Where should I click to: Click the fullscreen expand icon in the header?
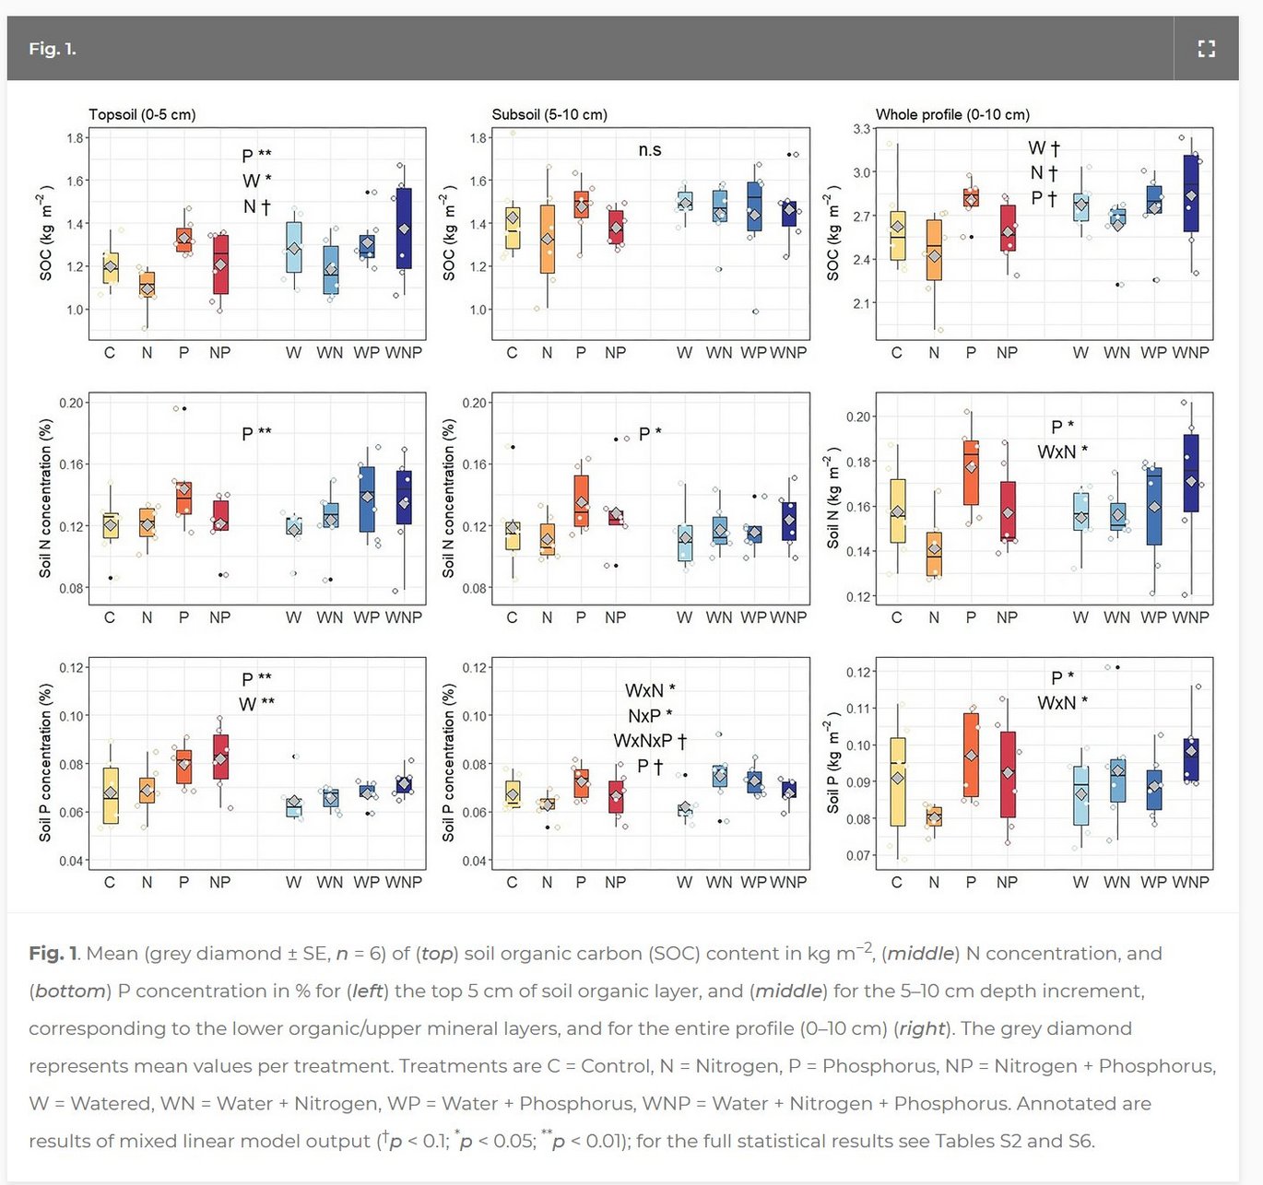[1206, 49]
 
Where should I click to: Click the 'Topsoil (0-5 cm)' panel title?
[142, 114]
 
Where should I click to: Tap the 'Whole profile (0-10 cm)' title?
[952, 114]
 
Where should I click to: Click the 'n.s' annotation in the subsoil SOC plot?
[650, 150]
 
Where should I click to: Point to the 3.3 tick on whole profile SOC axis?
[862, 129]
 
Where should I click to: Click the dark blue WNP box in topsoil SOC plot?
[403, 229]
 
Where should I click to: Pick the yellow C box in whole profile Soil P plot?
[897, 781]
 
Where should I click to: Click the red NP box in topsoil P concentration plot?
[220, 757]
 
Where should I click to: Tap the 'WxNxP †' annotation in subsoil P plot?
[650, 741]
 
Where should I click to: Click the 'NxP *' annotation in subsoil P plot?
[650, 716]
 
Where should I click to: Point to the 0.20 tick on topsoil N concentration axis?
[72, 403]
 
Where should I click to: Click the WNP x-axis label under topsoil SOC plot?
[403, 353]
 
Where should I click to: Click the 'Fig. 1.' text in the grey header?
[53, 49]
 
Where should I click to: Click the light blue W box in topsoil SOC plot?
[293, 247]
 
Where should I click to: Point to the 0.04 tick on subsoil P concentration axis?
[475, 861]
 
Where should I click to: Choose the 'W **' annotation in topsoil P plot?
[256, 704]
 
